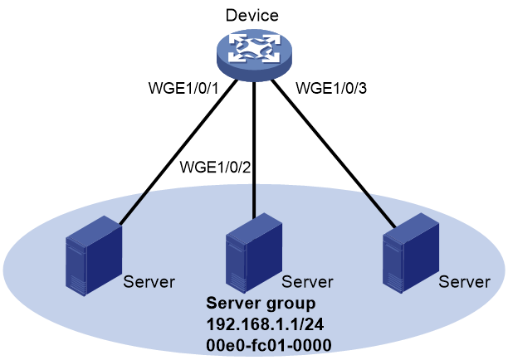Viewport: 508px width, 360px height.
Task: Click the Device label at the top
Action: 252,15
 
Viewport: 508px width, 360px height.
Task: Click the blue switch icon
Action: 254,55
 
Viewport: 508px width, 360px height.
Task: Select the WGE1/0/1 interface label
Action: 184,88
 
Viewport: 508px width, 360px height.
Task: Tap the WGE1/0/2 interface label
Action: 216,168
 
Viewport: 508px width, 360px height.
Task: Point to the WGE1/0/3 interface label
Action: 331,88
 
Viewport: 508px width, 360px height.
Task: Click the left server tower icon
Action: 94,255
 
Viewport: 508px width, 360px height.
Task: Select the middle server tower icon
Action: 254,253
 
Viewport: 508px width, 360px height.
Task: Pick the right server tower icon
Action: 411,253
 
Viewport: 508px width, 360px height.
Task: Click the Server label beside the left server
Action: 149,282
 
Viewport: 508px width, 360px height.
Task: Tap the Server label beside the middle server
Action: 307,282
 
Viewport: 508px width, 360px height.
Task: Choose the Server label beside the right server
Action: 464,282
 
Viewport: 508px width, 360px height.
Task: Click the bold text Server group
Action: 261,304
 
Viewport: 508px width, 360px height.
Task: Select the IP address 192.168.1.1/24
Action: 265,324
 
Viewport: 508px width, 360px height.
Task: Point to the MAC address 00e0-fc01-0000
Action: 269,345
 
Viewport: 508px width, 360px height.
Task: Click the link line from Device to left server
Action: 178,152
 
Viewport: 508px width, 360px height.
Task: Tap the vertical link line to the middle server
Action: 254,150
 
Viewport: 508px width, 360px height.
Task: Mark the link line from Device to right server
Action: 334,153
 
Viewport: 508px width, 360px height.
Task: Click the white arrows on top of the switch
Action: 254,48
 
